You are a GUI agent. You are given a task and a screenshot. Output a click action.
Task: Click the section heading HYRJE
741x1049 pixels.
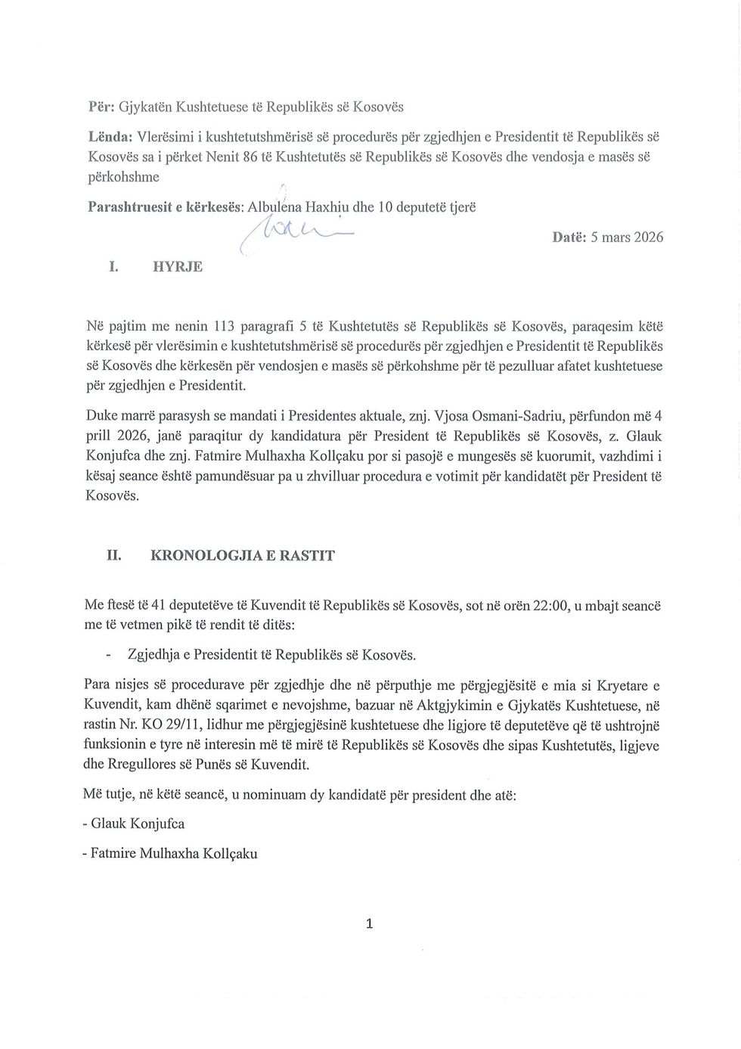(x=178, y=267)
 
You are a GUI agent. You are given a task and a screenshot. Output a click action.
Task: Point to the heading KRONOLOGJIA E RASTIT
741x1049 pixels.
(x=243, y=556)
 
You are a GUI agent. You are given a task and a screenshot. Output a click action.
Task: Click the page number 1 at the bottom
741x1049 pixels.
(x=369, y=923)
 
